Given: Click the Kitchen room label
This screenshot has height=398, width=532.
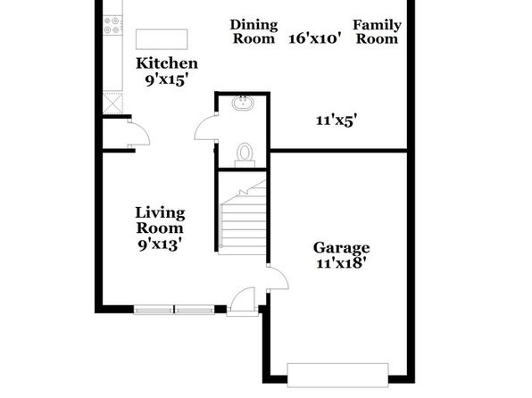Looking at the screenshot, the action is pyautogui.click(x=167, y=63).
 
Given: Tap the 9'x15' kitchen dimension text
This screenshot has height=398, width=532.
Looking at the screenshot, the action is pyautogui.click(x=167, y=80).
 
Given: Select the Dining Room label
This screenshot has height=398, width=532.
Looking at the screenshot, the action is pyautogui.click(x=254, y=31).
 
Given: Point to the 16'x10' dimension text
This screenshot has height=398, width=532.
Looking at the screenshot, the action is pyautogui.click(x=314, y=38).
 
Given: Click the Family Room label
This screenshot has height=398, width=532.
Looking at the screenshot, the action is pyautogui.click(x=377, y=31).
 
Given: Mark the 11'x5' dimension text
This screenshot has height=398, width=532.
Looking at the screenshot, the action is pyautogui.click(x=337, y=120).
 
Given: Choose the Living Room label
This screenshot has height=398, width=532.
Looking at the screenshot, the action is pyautogui.click(x=160, y=220).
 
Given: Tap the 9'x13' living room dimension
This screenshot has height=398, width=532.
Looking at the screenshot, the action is pyautogui.click(x=160, y=245).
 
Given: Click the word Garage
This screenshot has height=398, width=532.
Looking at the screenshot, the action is pyautogui.click(x=341, y=248).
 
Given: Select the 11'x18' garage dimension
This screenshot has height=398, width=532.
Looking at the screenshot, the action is pyautogui.click(x=341, y=263).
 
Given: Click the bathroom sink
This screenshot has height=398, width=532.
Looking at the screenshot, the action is pyautogui.click(x=242, y=103).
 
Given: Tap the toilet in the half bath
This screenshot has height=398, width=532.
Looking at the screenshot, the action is pyautogui.click(x=245, y=155).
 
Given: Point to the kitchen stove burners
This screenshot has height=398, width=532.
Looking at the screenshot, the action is pyautogui.click(x=112, y=25).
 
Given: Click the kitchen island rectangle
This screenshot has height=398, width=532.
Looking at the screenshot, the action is pyautogui.click(x=162, y=39).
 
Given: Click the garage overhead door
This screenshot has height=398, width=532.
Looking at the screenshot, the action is pyautogui.click(x=338, y=375).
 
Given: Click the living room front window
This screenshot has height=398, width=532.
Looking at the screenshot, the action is pyautogui.click(x=174, y=310).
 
